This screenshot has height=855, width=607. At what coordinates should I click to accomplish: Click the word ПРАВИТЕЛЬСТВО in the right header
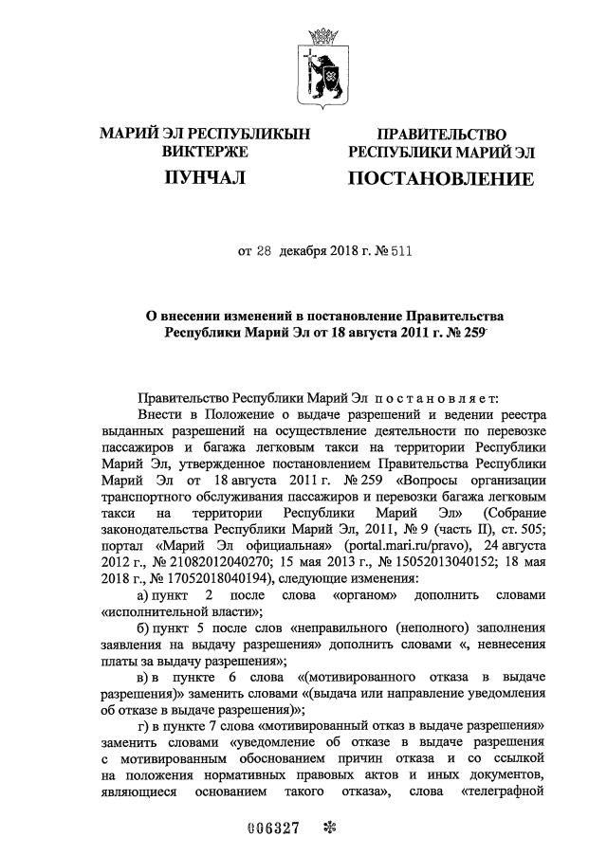point(441,135)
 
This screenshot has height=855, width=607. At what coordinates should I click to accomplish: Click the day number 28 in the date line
point(267,252)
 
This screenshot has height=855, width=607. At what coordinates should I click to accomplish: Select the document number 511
point(402,252)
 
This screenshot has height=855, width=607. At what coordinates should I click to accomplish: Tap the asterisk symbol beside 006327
point(330,826)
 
